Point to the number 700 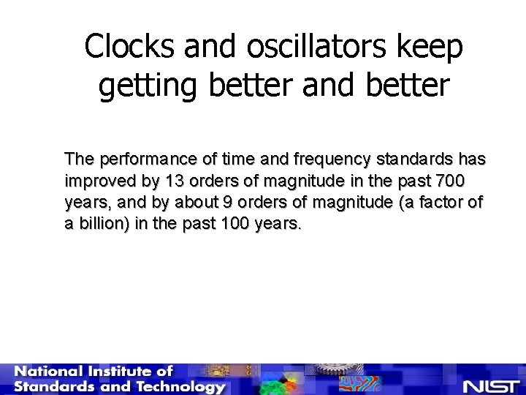point(451,181)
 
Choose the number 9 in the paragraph point(216,202)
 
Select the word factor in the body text point(437,202)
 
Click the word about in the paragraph point(186,202)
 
